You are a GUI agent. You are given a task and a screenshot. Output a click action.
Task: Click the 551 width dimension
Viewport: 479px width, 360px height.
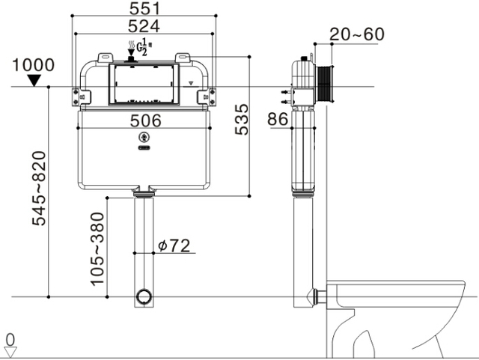[x=144, y=8]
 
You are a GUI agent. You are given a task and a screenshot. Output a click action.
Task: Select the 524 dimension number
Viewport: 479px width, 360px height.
[x=144, y=26]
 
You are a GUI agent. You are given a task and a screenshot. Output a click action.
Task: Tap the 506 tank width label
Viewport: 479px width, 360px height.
[x=145, y=120]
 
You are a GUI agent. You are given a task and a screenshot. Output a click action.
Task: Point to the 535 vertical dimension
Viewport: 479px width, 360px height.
[x=242, y=120]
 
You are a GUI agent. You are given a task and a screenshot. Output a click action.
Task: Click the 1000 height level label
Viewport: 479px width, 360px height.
[x=33, y=65]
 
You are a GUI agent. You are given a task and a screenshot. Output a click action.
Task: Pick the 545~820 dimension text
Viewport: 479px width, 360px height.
[x=39, y=189]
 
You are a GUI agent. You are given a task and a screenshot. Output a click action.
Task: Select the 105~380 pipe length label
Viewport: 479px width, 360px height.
[x=98, y=249]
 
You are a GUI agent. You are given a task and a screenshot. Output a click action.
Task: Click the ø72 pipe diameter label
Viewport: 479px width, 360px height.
[x=174, y=245]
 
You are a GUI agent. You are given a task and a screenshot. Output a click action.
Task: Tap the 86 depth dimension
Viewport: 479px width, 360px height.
[x=278, y=119]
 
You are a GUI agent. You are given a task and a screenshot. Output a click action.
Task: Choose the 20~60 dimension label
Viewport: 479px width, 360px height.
[x=357, y=34]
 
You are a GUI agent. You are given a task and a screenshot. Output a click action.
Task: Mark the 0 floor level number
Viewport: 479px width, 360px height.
[x=10, y=340]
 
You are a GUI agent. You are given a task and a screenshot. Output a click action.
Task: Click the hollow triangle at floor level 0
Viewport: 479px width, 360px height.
[x=10, y=353]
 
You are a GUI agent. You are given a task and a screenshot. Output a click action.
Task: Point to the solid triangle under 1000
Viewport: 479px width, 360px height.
[x=34, y=80]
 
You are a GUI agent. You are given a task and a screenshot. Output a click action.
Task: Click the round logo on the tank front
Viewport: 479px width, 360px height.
[x=144, y=138]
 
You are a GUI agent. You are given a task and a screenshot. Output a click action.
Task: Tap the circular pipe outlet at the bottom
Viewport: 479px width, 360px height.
[x=144, y=296]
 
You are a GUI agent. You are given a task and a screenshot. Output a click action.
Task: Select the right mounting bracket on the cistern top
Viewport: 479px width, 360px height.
[x=183, y=58]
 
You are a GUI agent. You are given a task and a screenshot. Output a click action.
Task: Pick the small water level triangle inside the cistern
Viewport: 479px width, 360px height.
[x=192, y=83]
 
